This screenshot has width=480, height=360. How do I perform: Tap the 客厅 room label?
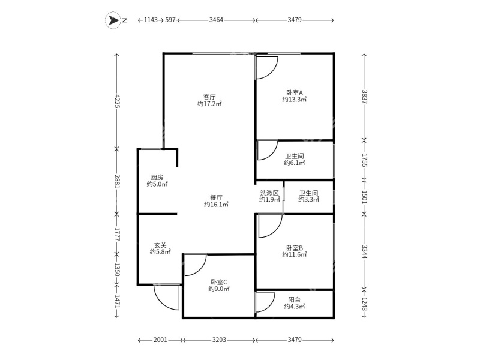(209, 97)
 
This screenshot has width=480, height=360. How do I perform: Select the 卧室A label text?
(294, 93)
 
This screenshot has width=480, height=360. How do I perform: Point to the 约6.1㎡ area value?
(295, 163)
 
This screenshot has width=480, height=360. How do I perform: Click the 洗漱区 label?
(269, 193)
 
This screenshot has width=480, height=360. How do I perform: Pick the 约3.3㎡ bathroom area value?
(309, 200)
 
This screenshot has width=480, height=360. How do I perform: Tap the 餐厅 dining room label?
(216, 197)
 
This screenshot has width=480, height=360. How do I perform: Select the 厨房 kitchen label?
(157, 177)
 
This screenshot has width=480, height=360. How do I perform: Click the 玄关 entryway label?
(160, 245)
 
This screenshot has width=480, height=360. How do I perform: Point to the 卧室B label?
(294, 248)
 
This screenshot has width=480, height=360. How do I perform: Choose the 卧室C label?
(218, 281)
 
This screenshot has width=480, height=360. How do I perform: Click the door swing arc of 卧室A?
(266, 67)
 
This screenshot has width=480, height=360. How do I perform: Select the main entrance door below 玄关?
(167, 296)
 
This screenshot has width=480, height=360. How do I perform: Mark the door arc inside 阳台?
(265, 303)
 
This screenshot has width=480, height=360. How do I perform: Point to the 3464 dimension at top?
(216, 20)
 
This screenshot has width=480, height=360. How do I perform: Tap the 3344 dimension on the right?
(364, 251)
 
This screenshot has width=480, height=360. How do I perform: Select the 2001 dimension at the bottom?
(160, 340)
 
